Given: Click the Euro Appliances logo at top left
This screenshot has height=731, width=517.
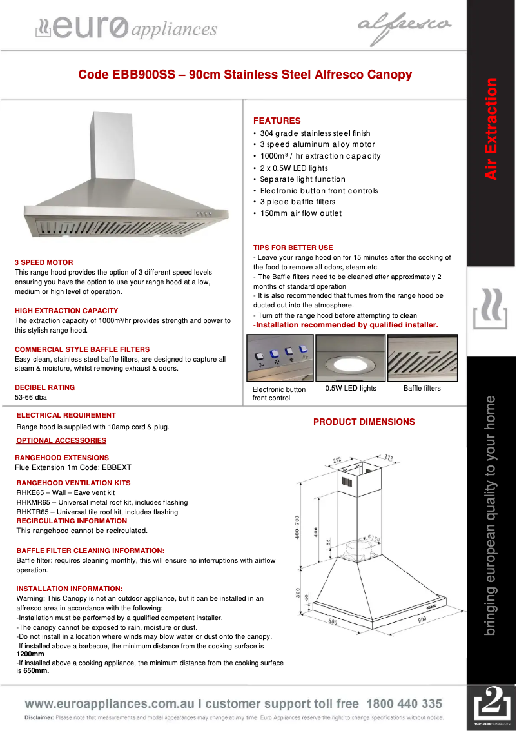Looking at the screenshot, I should (x=125, y=28).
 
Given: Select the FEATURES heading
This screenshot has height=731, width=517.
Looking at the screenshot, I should (x=277, y=121).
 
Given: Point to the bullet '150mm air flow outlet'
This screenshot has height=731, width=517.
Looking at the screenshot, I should (x=300, y=213).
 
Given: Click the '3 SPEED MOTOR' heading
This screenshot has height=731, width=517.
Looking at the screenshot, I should (x=44, y=262).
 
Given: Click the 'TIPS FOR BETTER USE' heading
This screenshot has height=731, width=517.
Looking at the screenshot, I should (x=293, y=248).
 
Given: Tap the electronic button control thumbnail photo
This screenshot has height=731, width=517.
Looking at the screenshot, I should (x=280, y=358).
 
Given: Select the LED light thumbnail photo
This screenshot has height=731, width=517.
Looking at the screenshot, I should (x=350, y=358).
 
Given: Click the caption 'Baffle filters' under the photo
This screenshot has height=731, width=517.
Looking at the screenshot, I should (x=422, y=388).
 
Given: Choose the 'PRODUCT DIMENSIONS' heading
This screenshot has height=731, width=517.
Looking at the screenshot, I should (x=364, y=422).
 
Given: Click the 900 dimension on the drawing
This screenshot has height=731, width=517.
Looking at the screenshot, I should (x=422, y=619).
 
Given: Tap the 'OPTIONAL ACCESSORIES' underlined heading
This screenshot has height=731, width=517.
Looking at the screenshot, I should (x=61, y=440).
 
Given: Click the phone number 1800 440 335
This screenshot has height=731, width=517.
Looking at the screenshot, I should (x=404, y=704).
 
